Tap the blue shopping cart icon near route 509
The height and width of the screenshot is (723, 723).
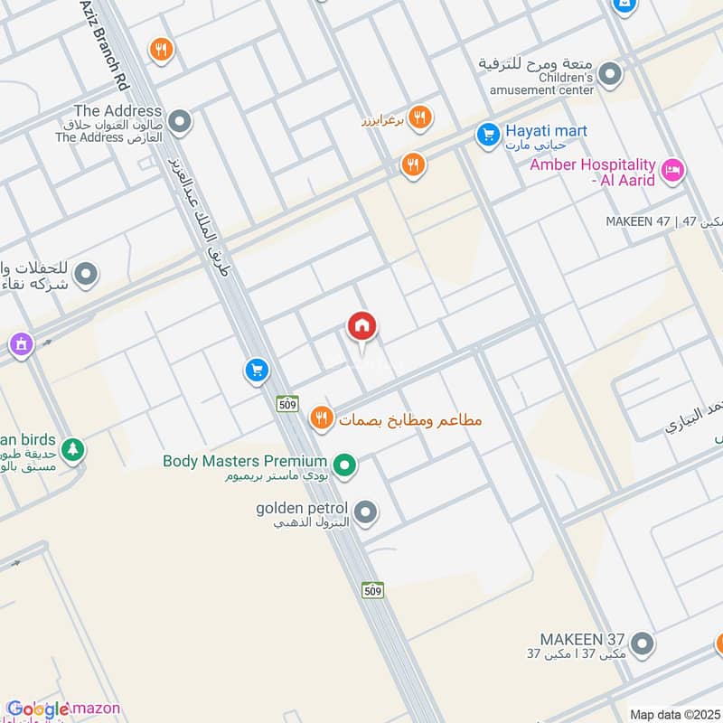click(x=257, y=370)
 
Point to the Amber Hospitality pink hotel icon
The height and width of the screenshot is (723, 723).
click(x=672, y=169)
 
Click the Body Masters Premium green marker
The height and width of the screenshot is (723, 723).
click(x=343, y=466)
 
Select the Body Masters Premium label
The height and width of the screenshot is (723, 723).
click(x=244, y=461)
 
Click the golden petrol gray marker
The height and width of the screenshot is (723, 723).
click(x=366, y=513)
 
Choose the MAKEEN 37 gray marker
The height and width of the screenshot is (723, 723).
click(x=642, y=643)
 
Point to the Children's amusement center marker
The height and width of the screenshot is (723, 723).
click(x=611, y=74)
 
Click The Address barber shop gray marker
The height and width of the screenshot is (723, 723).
click(x=180, y=120)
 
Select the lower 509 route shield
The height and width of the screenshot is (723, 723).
click(x=373, y=590)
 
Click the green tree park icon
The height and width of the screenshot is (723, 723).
click(x=72, y=448)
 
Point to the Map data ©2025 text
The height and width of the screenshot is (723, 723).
click(x=673, y=715)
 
